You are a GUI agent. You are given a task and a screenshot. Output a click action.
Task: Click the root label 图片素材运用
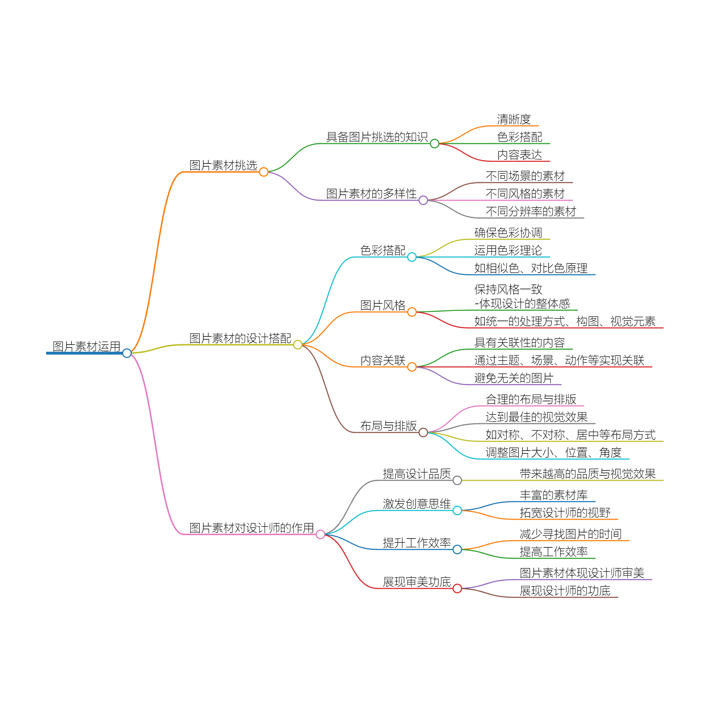[x=86, y=346]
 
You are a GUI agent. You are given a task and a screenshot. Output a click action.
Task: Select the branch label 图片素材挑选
[x=223, y=165]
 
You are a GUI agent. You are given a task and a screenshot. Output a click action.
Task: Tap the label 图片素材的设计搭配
[x=240, y=338]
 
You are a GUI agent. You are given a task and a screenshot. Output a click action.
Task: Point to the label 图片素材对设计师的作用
[x=251, y=528]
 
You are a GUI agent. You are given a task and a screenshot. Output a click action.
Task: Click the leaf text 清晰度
[x=514, y=119]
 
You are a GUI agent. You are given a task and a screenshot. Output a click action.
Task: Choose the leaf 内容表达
[x=519, y=155]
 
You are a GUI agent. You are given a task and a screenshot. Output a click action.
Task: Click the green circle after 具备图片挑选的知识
[x=435, y=144]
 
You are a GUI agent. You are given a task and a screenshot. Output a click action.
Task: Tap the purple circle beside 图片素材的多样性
[x=423, y=200]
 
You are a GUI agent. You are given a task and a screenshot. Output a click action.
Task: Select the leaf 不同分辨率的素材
[x=531, y=211]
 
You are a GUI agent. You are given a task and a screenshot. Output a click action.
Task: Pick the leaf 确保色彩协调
[x=508, y=233]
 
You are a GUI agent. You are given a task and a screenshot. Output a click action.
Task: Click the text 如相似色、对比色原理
[x=531, y=268]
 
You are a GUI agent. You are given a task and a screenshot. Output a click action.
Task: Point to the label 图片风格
[x=383, y=305]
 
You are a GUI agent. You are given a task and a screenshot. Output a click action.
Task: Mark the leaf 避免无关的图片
[x=514, y=378]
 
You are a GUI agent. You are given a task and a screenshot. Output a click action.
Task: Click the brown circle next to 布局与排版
[x=423, y=432]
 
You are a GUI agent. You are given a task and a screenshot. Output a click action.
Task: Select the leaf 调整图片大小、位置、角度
[x=553, y=452]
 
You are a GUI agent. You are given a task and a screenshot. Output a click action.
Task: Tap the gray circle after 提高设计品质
[x=457, y=480]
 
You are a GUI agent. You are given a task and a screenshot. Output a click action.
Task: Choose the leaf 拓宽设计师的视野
[x=565, y=513]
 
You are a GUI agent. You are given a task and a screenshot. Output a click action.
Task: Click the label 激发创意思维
[x=417, y=504]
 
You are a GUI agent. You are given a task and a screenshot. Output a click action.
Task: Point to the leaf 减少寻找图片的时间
[x=571, y=534]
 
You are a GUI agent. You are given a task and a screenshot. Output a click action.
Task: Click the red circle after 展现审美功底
[x=457, y=588]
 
